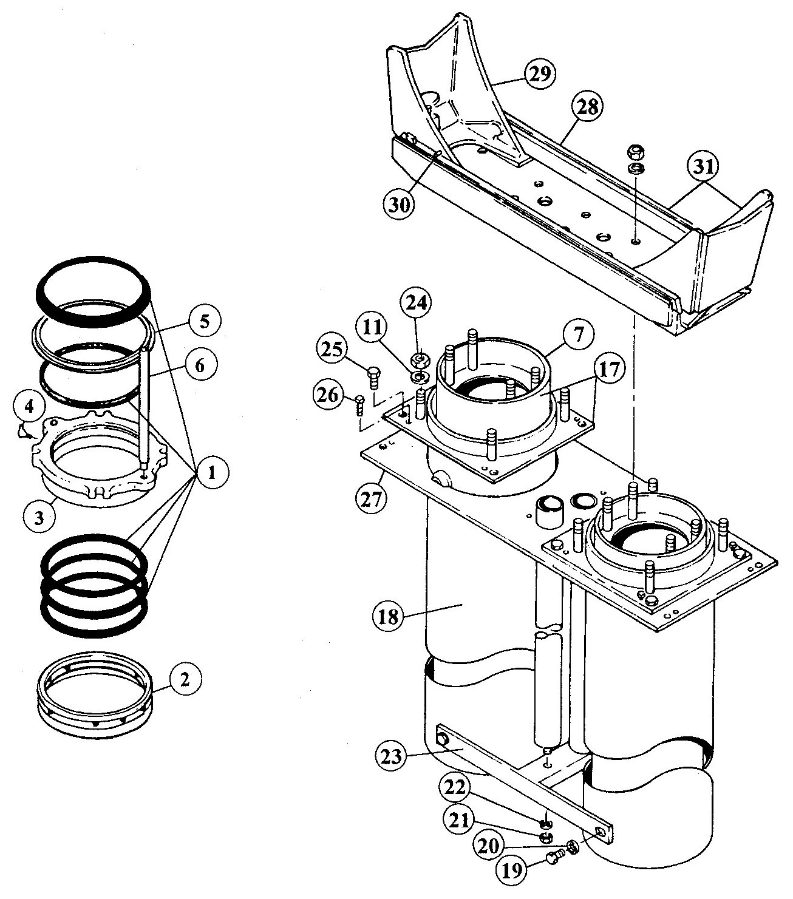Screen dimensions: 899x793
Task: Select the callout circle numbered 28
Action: click(587, 107)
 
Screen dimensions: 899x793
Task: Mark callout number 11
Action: click(372, 327)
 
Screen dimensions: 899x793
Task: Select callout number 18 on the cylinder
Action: click(388, 616)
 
